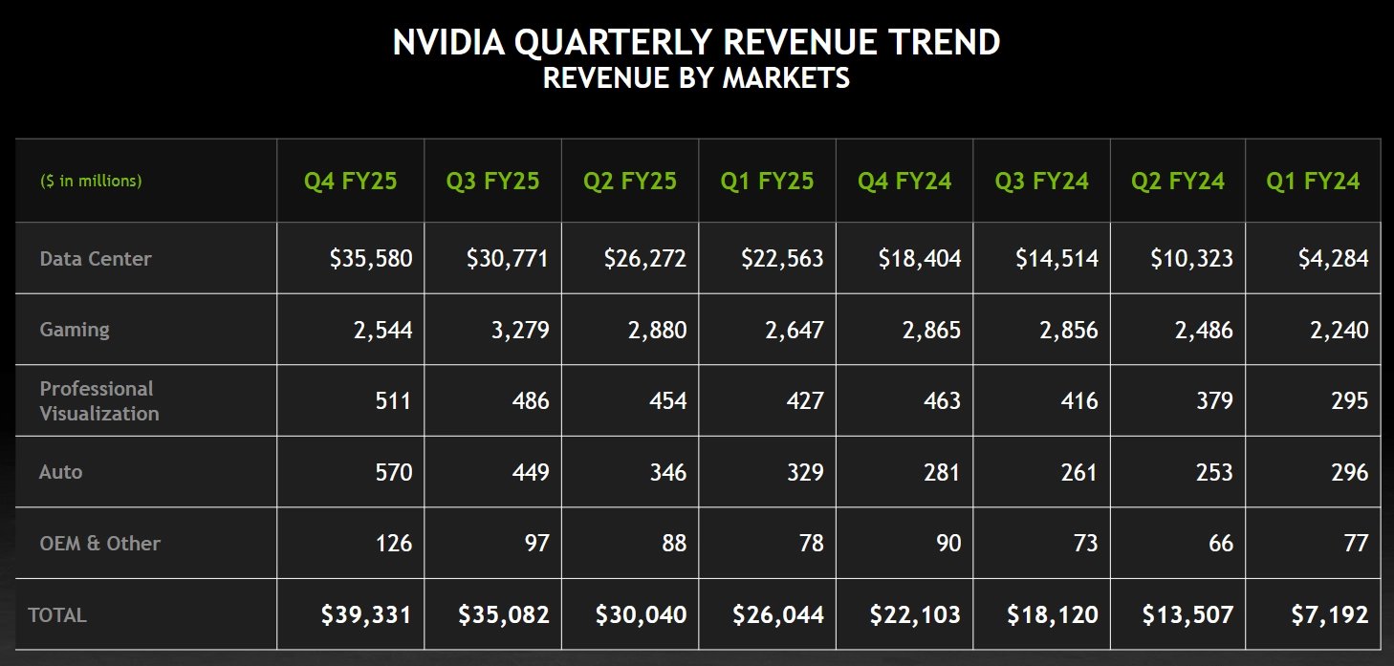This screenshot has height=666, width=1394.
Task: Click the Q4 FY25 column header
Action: click(x=350, y=181)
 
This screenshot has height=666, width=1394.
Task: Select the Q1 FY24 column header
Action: click(x=1313, y=181)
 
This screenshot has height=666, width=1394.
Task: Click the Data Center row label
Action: click(x=96, y=258)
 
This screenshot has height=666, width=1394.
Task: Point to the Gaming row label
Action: click(x=75, y=330)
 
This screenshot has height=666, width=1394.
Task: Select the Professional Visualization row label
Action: click(x=99, y=401)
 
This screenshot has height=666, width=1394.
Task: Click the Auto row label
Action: click(x=60, y=472)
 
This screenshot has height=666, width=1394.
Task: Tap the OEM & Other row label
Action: click(x=99, y=544)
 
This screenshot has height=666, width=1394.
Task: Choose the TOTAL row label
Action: click(x=57, y=615)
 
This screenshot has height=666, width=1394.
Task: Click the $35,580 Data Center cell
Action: click(x=371, y=258)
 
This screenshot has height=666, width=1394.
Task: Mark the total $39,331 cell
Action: click(x=367, y=614)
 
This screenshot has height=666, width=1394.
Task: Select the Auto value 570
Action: click(x=393, y=472)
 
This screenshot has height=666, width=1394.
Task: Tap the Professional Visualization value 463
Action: click(x=942, y=401)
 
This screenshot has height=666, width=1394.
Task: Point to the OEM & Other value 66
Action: click(x=1220, y=544)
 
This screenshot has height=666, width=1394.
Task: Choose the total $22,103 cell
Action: click(x=915, y=614)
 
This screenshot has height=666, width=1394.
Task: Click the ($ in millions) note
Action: click(x=91, y=181)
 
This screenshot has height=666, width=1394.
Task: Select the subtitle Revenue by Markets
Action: click(x=696, y=78)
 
